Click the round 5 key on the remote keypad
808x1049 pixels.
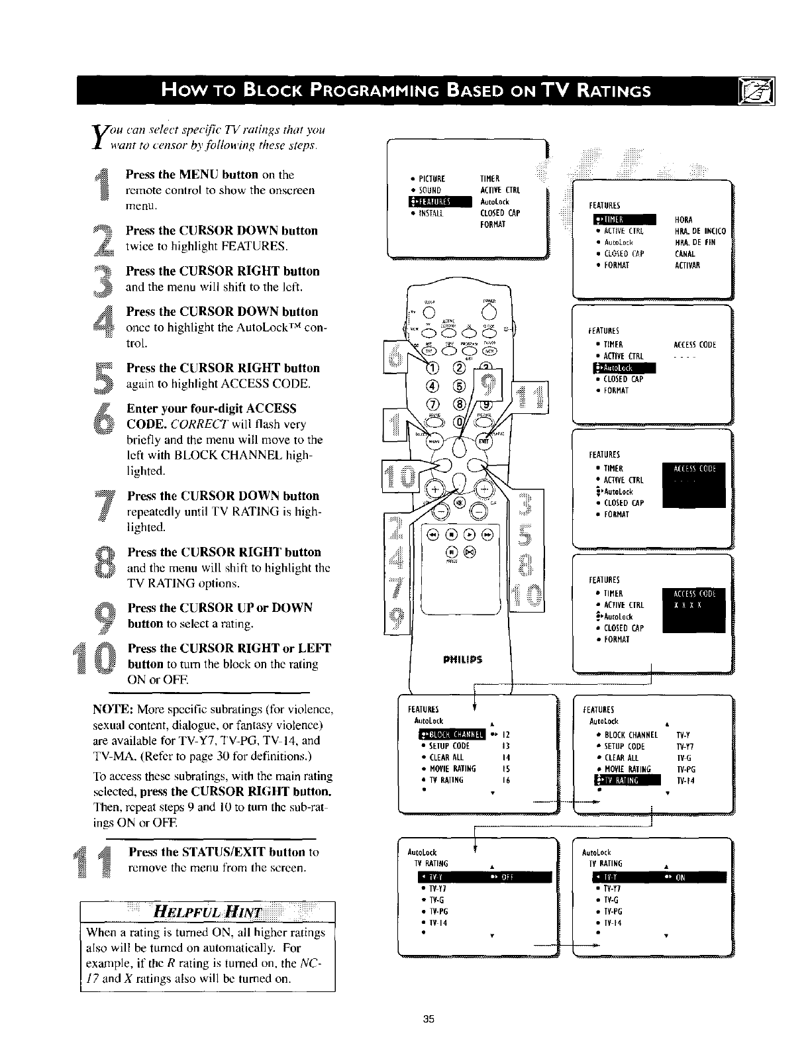(458, 385)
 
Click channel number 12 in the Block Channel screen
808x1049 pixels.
(506, 734)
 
